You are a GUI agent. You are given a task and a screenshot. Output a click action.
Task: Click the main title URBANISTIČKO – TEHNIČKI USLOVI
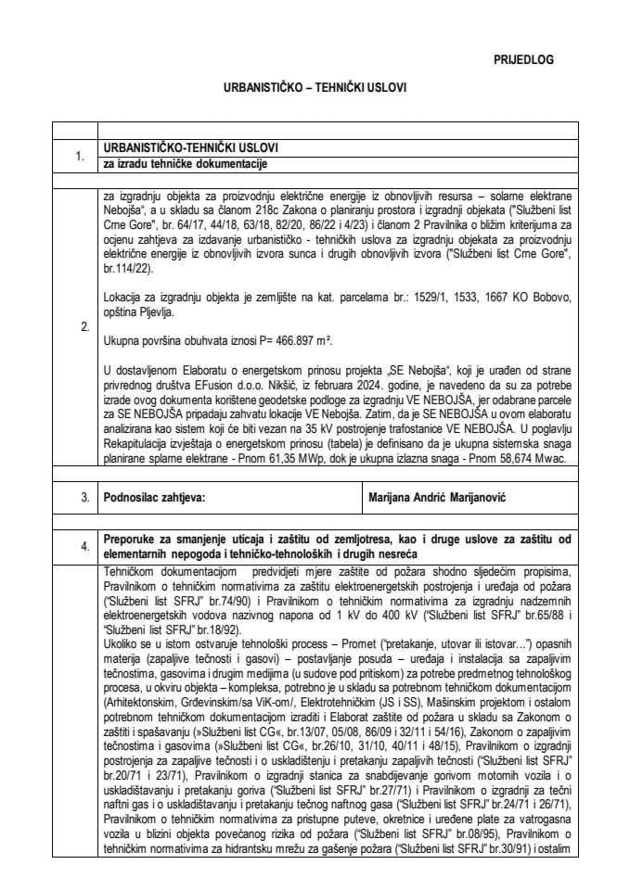314,91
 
